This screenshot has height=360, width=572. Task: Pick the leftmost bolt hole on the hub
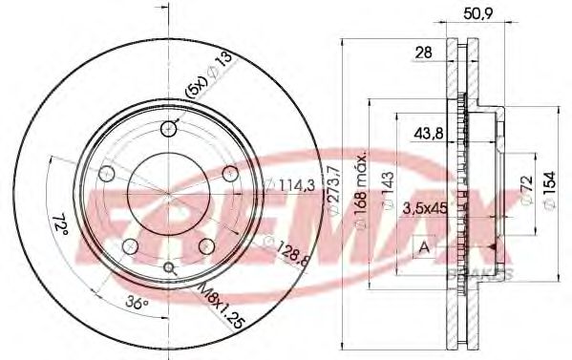(x=108, y=174)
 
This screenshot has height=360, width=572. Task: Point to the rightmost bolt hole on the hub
(x=230, y=174)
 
